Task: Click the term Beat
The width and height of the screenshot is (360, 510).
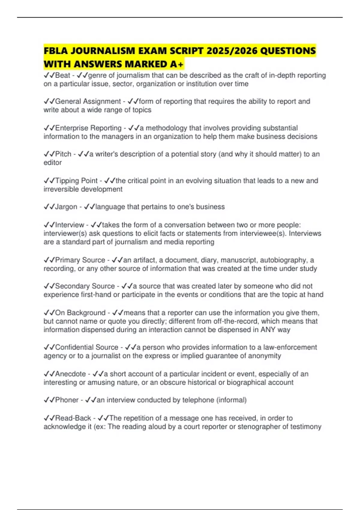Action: coord(62,75)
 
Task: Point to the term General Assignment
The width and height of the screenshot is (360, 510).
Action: coord(88,101)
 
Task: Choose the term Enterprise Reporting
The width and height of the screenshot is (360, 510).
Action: coord(88,128)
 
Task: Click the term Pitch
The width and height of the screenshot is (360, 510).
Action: coord(63,154)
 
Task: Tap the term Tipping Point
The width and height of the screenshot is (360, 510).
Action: coord(76,181)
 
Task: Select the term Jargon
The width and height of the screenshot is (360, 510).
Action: coord(66,207)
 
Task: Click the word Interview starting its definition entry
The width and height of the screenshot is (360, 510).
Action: coord(70,225)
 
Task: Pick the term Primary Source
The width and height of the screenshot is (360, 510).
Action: coord(80,260)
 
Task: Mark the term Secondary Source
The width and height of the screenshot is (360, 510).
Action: coord(85,286)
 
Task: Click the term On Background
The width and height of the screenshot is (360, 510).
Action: coord(80,313)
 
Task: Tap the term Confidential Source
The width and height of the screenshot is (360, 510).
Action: coord(87,347)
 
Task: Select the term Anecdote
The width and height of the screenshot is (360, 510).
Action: coord(70,374)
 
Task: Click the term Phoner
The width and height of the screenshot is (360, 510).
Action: coord(67,400)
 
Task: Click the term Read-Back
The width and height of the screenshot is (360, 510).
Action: coord(73,418)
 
